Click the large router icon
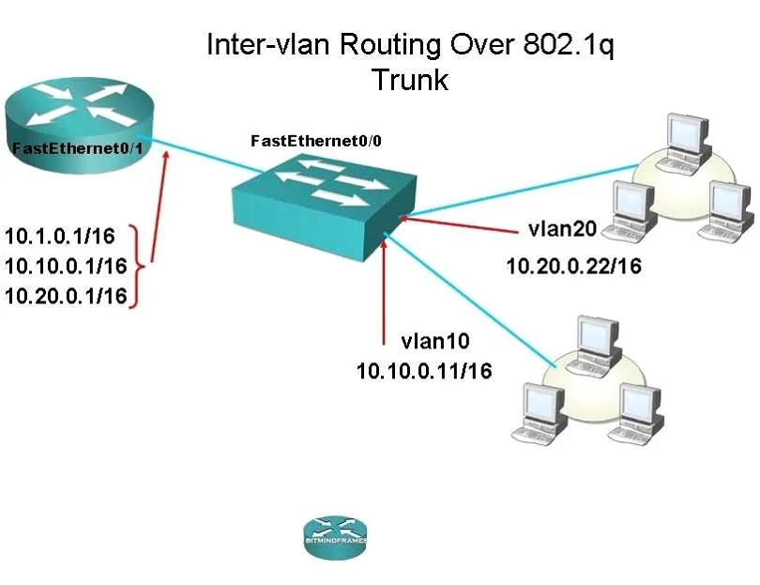79,125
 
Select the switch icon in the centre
324,207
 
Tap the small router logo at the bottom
335,537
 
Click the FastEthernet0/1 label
78,148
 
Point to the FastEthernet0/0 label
316,141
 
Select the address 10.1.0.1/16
60,237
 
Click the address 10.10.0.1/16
66,266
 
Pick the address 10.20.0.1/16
66,296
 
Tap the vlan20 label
562,228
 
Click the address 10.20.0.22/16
574,266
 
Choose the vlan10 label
435,341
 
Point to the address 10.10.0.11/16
424,371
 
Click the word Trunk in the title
410,79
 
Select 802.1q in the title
568,45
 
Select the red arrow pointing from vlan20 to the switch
459,225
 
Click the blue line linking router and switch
200,153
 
